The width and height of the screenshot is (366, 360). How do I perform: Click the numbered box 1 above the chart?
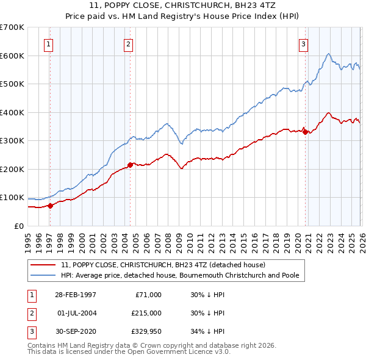48,43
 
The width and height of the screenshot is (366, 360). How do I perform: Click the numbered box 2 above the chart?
128,43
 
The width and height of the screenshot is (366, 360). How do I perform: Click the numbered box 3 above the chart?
303,43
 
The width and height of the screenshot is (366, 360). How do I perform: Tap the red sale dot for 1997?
51,206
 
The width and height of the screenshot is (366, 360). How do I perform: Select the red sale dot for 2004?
130,165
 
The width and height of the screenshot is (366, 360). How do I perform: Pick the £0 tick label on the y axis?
20,226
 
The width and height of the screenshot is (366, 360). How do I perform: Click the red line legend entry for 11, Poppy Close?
163,265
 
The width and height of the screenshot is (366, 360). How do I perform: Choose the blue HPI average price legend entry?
179,276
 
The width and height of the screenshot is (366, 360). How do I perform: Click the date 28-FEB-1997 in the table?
75,294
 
